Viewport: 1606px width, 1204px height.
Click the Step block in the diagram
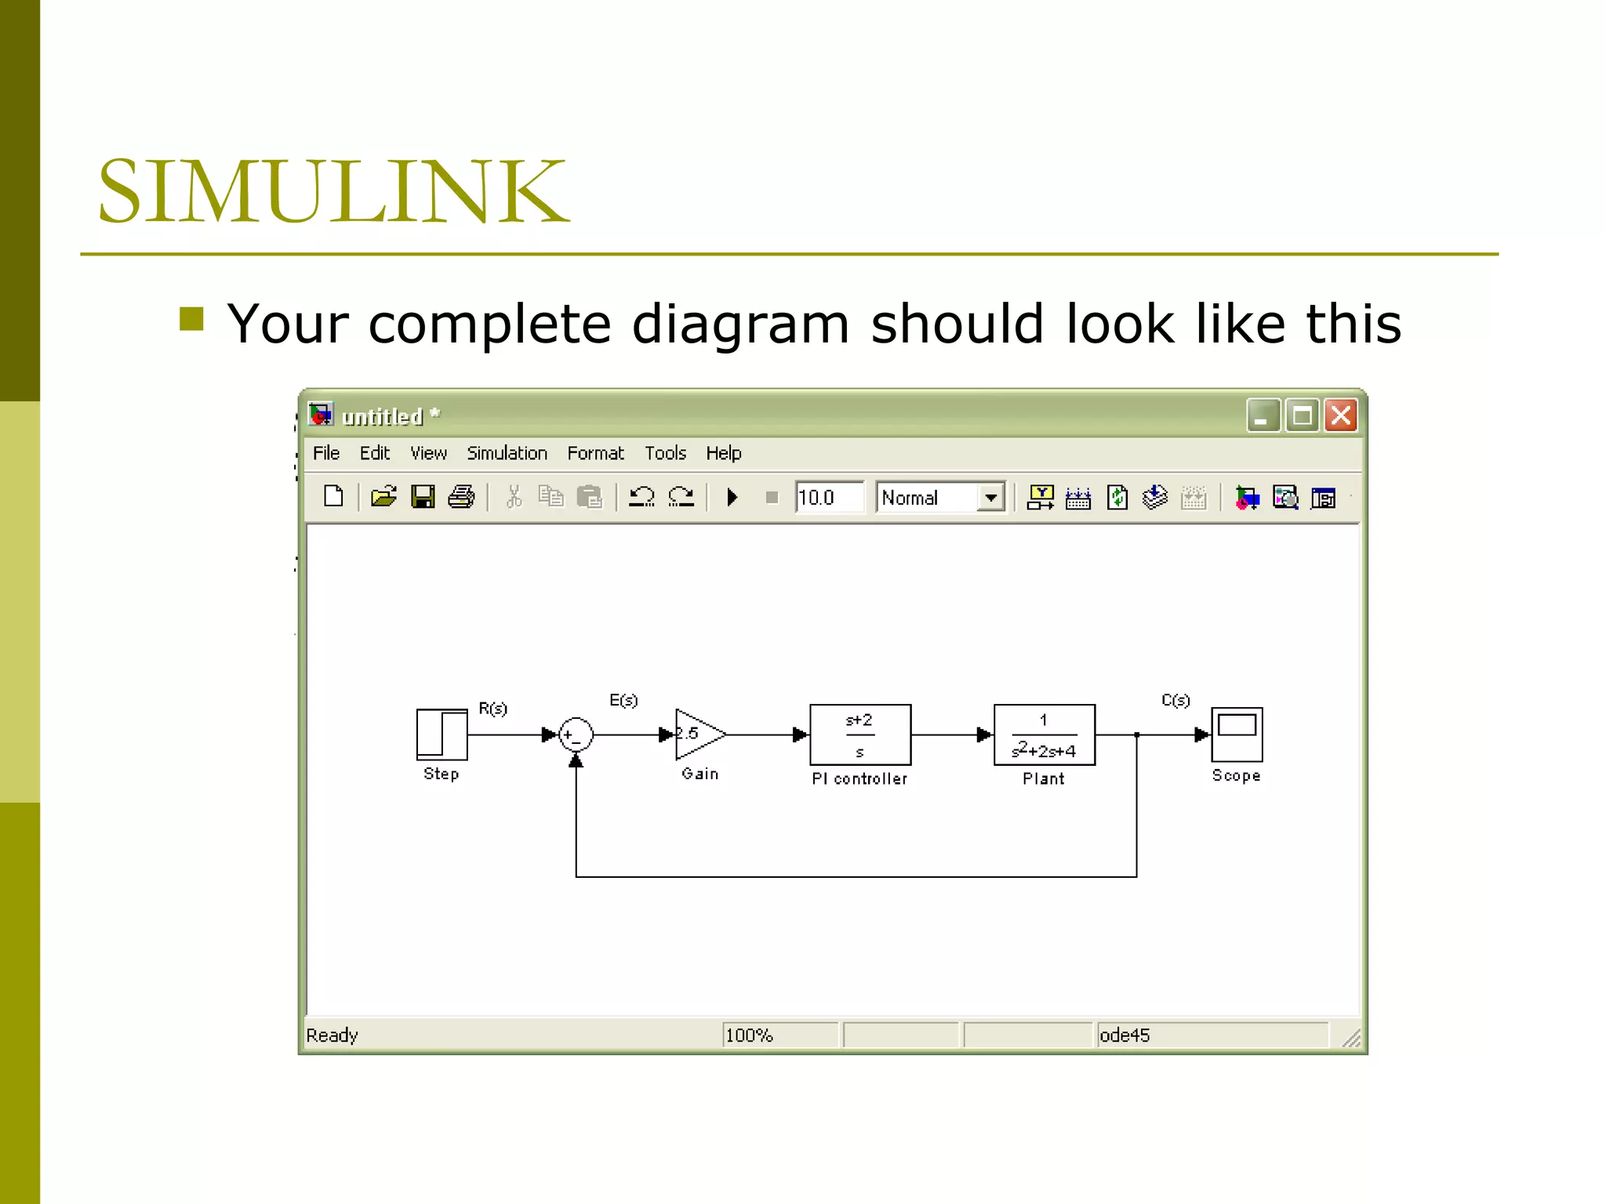pos(441,734)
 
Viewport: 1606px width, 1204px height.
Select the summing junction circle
pos(576,735)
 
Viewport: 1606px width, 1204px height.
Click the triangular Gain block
pos(698,734)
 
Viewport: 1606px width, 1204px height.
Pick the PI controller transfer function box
pos(860,734)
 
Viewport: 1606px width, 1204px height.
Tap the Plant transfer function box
pos(1044,734)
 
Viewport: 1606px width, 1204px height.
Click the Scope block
pos(1237,734)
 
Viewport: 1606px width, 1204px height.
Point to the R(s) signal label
pos(493,709)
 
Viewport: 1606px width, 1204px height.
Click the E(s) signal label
pos(623,700)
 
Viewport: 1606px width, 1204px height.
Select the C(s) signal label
pos(1175,700)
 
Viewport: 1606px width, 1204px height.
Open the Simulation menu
pos(507,453)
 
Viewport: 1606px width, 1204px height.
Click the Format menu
pos(595,453)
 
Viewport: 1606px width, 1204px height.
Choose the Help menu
pos(723,453)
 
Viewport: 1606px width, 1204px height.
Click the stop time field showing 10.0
pos(828,498)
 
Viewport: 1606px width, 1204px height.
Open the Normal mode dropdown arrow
pos(991,498)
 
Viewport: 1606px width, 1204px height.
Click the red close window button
pos(1341,415)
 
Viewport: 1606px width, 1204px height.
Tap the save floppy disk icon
pos(423,497)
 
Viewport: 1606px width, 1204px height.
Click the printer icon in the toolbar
pos(461,497)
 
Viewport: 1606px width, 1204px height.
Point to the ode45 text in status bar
pos(1125,1035)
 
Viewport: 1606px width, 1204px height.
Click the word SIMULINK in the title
pos(333,191)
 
